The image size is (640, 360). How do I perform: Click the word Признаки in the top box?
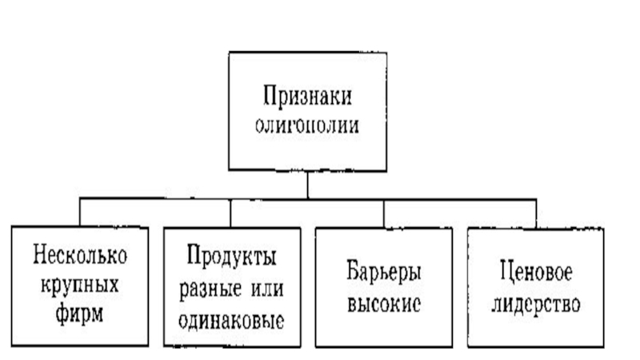[308, 98]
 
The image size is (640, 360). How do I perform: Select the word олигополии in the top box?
[308, 125]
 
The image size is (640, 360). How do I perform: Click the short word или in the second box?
[264, 286]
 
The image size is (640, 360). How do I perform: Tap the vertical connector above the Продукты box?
[231, 213]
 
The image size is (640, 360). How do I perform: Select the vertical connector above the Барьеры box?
[385, 213]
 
